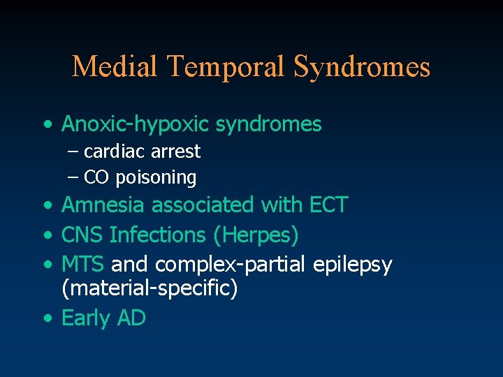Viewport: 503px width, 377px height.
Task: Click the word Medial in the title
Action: [x=115, y=67]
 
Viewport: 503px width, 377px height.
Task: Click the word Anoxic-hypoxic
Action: [x=136, y=124]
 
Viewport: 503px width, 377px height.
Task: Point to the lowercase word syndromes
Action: [x=268, y=124]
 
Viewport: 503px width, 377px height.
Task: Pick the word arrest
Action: [x=175, y=151]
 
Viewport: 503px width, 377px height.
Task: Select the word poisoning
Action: [x=156, y=178]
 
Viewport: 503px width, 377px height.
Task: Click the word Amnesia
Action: [x=104, y=205]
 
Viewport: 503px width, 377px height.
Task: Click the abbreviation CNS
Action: [x=82, y=235]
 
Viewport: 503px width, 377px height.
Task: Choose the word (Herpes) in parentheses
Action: [x=256, y=236]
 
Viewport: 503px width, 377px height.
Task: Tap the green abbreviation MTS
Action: [x=83, y=265]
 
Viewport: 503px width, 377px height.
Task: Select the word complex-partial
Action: [x=231, y=265]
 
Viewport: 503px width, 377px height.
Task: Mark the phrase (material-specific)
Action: [x=150, y=288]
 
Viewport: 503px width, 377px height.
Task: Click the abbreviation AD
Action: [x=131, y=318]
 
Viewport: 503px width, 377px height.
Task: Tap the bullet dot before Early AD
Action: [x=47, y=318]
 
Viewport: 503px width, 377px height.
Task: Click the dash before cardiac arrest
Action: [x=74, y=151]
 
